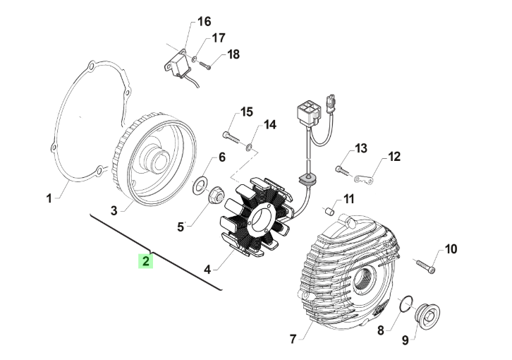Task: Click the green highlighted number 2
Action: [x=145, y=261]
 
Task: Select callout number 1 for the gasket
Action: [x=49, y=199]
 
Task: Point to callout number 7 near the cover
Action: [x=292, y=340]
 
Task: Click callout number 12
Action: [x=394, y=156]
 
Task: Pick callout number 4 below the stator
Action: [x=207, y=269]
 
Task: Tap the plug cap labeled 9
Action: [x=427, y=313]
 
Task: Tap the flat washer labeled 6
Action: [x=200, y=186]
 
